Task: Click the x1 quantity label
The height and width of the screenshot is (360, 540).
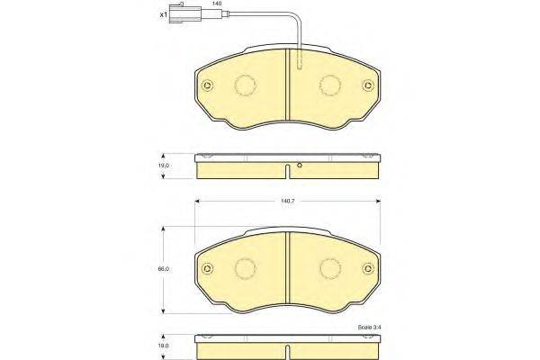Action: (164, 15)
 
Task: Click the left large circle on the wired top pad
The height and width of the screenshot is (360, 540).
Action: (246, 85)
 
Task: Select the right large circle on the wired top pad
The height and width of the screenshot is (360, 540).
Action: (328, 85)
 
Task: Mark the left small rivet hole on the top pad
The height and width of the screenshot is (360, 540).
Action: (208, 87)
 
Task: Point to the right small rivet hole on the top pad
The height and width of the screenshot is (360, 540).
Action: (365, 87)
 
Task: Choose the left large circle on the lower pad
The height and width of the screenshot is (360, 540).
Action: (246, 268)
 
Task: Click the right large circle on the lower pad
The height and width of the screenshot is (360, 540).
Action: (328, 268)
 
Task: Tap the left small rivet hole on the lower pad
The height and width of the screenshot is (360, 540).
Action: (208, 269)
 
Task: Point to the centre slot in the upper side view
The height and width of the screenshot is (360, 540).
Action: (286, 171)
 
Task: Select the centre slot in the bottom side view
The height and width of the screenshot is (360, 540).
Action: (286, 348)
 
